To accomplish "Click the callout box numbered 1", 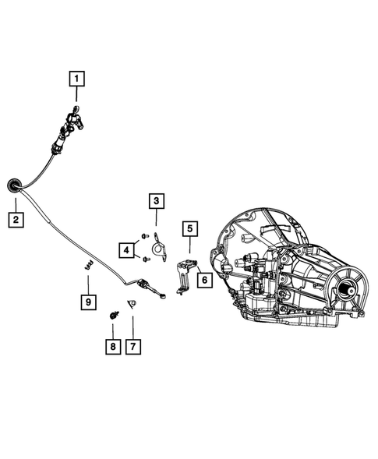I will click(77, 78).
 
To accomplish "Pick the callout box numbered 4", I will click(126, 249).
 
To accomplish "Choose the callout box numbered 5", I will click(189, 228).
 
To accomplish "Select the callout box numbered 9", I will click(88, 301).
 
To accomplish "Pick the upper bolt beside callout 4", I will click(145, 235).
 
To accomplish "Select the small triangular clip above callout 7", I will click(132, 304).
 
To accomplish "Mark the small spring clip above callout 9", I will click(87, 265).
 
